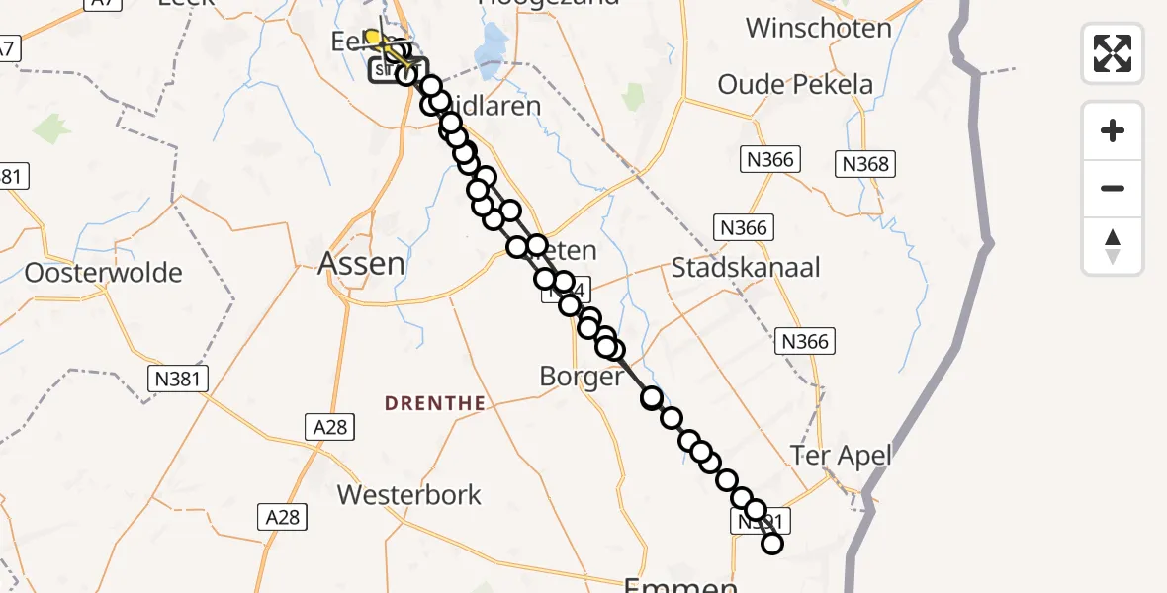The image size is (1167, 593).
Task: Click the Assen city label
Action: point(361,263)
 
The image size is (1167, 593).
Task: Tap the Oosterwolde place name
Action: point(104,272)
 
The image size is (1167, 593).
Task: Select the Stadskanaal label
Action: point(746,267)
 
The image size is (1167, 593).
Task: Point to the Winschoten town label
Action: point(818,27)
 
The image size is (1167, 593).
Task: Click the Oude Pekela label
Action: point(795,84)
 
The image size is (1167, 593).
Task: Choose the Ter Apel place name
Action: point(841,456)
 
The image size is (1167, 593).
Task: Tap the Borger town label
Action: point(582,377)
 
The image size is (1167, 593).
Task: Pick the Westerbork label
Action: point(409,494)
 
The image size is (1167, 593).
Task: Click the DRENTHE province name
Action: point(434,403)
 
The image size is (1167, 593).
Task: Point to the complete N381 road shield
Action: point(178,377)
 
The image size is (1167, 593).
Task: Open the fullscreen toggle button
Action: point(1113,52)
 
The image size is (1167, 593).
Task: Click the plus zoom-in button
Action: point(1113,130)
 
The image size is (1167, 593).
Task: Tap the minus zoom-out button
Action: point(1113,188)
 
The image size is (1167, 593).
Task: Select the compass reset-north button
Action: point(1113,245)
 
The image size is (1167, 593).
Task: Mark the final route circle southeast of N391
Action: point(771,544)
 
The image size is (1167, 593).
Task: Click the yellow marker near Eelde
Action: point(373,39)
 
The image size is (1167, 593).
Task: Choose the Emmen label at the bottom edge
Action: point(680,585)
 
